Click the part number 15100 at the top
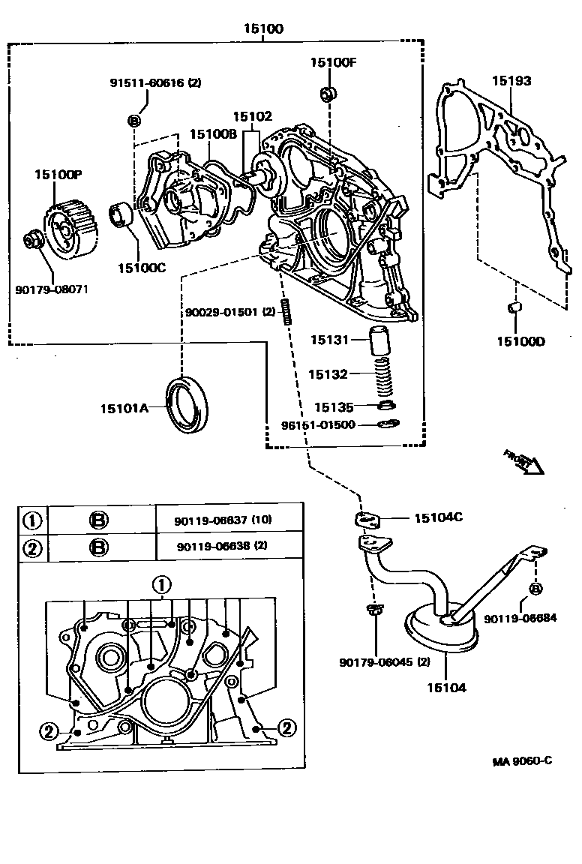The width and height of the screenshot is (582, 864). (262, 29)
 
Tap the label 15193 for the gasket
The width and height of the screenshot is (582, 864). (511, 80)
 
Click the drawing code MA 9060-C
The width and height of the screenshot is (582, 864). (522, 760)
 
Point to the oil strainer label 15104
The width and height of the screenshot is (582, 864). (446, 687)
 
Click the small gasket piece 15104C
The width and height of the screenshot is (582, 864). (368, 519)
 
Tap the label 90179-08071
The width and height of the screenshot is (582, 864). (51, 289)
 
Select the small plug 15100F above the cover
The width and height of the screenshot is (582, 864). (327, 94)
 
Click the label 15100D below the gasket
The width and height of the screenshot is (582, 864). (520, 341)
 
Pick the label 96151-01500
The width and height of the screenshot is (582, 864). (318, 424)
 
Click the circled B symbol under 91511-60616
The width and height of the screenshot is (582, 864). (134, 121)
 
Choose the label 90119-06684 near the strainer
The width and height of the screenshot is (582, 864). (520, 618)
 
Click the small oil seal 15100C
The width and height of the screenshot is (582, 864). (121, 215)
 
